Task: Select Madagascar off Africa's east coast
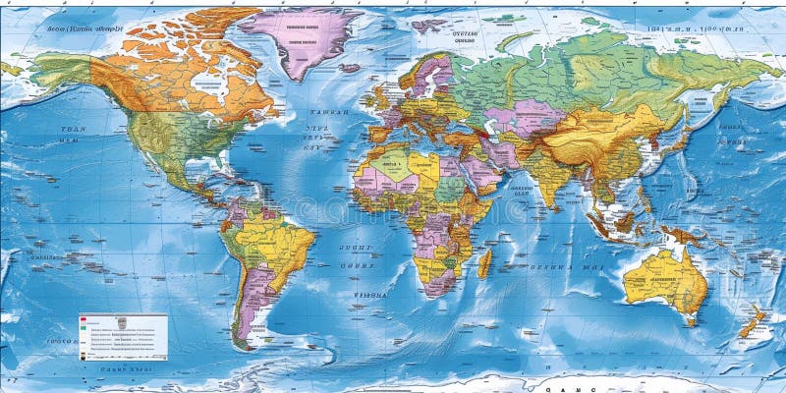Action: (x=483, y=262)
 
